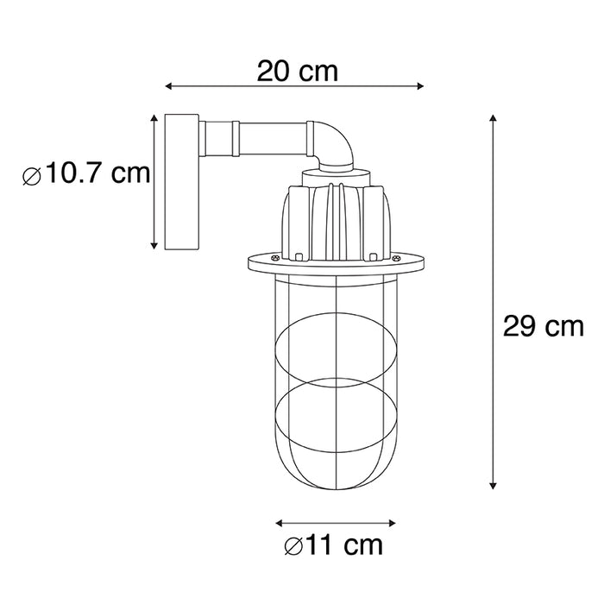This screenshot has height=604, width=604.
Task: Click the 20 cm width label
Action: coord(296,71)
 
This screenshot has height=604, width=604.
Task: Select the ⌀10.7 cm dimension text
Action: coord(86,175)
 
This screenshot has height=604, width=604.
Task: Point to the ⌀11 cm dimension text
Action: coord(332,547)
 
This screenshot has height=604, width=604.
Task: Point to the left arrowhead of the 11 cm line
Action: coord(278,521)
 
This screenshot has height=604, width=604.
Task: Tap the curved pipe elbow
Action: coord(335,143)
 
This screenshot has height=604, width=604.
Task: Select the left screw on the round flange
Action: coord(275,258)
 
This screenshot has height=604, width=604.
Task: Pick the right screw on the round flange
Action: coord(397,258)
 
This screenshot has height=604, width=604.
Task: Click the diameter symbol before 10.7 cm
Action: coord(32,176)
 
